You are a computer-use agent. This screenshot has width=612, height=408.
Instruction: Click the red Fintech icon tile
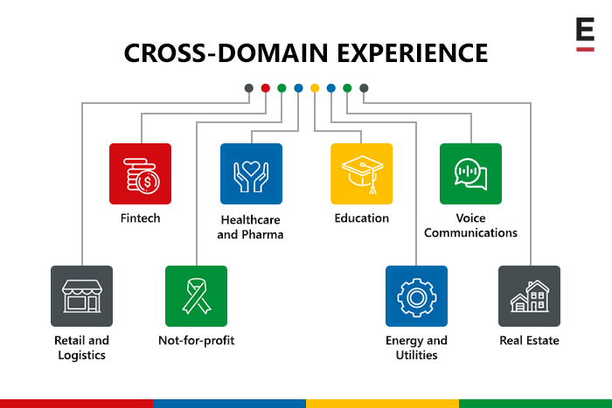click(140, 174)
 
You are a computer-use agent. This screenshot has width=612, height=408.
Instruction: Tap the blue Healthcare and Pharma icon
click(251, 174)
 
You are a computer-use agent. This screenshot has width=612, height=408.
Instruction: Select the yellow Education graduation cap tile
click(361, 174)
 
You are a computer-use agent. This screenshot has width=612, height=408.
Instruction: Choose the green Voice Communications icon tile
click(470, 174)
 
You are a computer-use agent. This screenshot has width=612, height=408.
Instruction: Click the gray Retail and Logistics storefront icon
click(81, 296)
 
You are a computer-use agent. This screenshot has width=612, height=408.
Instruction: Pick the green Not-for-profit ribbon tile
click(196, 296)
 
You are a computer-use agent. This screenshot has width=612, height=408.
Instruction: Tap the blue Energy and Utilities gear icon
click(416, 296)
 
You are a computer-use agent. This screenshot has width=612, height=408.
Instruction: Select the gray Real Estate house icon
click(529, 296)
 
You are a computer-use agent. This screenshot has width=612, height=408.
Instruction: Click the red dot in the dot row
click(266, 88)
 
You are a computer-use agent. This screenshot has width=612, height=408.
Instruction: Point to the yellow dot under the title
click(315, 88)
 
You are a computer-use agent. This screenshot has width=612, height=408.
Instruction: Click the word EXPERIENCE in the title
click(412, 53)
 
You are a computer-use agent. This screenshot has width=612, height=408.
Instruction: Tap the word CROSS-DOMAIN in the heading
click(226, 53)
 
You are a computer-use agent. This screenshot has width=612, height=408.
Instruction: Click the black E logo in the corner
click(585, 29)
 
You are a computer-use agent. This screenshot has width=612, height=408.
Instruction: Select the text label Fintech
click(140, 218)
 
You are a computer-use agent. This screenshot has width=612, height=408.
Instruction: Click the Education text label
click(361, 218)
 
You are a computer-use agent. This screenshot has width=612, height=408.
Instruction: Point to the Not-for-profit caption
click(197, 341)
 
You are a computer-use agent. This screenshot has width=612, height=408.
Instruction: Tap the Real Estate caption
click(529, 341)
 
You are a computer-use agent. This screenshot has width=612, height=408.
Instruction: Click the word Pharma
click(262, 234)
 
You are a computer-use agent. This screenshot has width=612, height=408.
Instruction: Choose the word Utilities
click(416, 355)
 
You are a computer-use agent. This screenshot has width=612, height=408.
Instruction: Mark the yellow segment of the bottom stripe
click(383, 404)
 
